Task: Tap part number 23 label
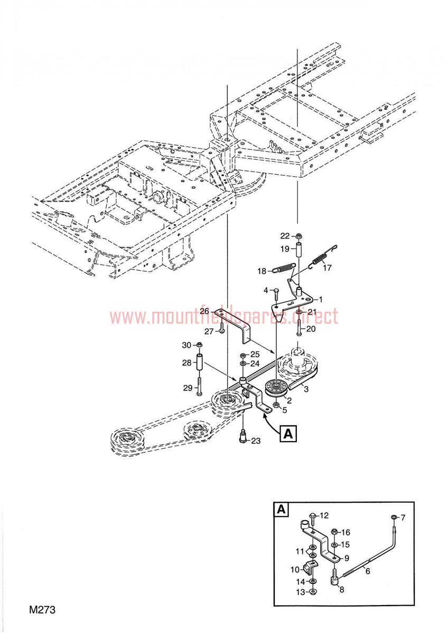tap(256, 440)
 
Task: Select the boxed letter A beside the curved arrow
tap(288, 433)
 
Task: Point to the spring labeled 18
tap(283, 268)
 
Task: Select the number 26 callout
tap(204, 311)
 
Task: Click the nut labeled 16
tap(334, 532)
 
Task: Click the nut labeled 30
tap(199, 345)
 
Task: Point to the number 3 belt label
tap(306, 389)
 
